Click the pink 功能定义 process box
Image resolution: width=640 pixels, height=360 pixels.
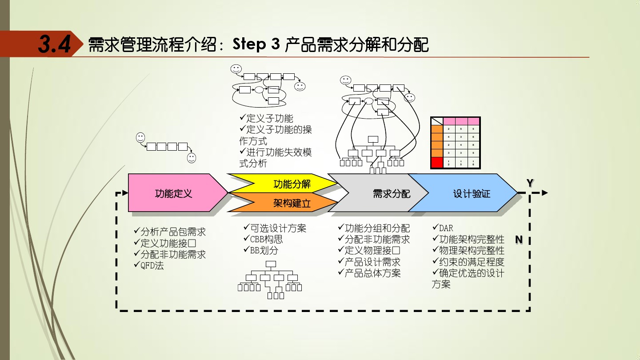(x=173, y=193)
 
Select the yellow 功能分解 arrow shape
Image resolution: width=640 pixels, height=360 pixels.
(x=291, y=184)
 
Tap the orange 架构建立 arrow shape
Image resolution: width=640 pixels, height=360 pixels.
(x=291, y=204)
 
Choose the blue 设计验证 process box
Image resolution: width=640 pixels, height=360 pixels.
(x=471, y=194)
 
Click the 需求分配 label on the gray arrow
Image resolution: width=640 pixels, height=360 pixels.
(x=392, y=194)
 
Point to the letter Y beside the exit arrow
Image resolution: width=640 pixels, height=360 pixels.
(x=530, y=183)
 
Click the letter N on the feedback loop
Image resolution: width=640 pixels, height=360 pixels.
(x=519, y=240)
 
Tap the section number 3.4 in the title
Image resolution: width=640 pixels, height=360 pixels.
(x=54, y=44)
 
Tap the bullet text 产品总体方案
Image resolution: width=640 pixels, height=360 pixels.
(x=372, y=273)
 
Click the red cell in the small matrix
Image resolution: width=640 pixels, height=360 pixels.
(x=437, y=163)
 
